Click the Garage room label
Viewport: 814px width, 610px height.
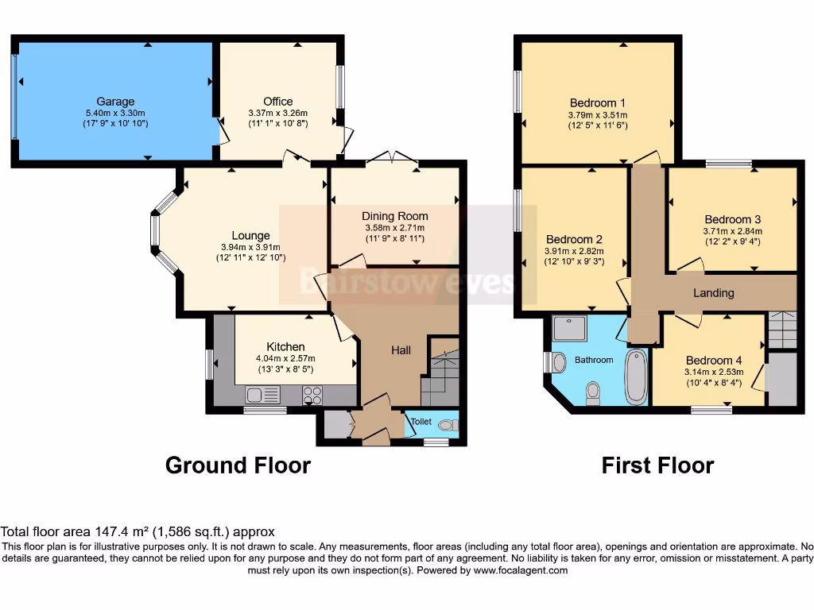[115, 102]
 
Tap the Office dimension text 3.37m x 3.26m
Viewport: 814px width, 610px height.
[277, 113]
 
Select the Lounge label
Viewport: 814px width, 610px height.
[250, 235]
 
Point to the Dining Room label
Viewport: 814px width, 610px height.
[394, 216]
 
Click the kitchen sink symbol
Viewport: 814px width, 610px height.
[263, 395]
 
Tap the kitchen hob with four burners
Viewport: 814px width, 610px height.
[312, 395]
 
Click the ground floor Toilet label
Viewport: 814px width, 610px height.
[421, 421]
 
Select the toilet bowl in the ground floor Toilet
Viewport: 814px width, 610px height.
[448, 426]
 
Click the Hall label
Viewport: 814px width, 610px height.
[401, 350]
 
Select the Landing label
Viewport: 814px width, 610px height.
[713, 292]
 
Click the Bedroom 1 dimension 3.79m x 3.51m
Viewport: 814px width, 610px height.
[598, 114]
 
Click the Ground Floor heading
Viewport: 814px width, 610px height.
[238, 465]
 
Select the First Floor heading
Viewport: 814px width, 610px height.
[657, 465]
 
